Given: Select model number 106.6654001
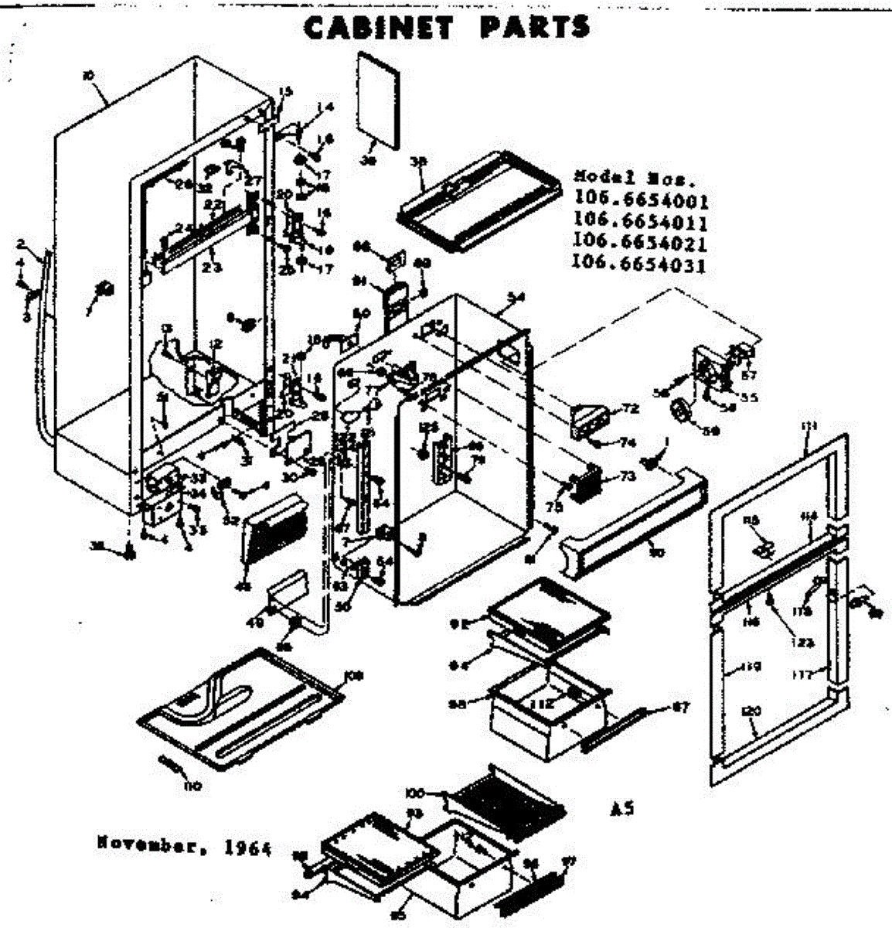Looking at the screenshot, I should [x=641, y=203].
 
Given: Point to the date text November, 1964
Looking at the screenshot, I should [x=185, y=846].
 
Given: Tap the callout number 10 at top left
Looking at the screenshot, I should [x=87, y=75].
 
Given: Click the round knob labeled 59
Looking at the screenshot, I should [x=680, y=411].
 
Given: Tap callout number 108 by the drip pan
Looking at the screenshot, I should [x=354, y=677].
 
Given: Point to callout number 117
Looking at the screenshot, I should [x=802, y=674].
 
